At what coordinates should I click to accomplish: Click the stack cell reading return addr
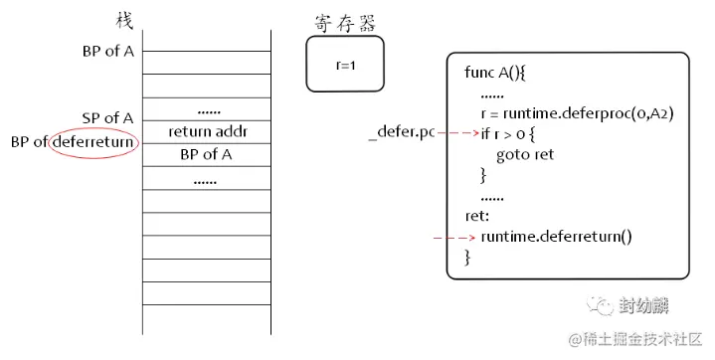click(206, 131)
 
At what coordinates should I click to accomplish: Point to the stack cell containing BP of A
click(206, 154)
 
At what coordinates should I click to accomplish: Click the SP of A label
click(108, 118)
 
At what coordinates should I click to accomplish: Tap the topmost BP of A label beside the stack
click(108, 51)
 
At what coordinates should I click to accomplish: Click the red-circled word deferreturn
click(95, 142)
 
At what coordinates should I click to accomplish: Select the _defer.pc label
click(401, 132)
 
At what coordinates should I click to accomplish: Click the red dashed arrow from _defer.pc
click(454, 132)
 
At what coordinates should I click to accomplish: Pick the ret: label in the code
click(477, 215)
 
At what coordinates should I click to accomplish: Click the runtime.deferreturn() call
click(556, 237)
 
